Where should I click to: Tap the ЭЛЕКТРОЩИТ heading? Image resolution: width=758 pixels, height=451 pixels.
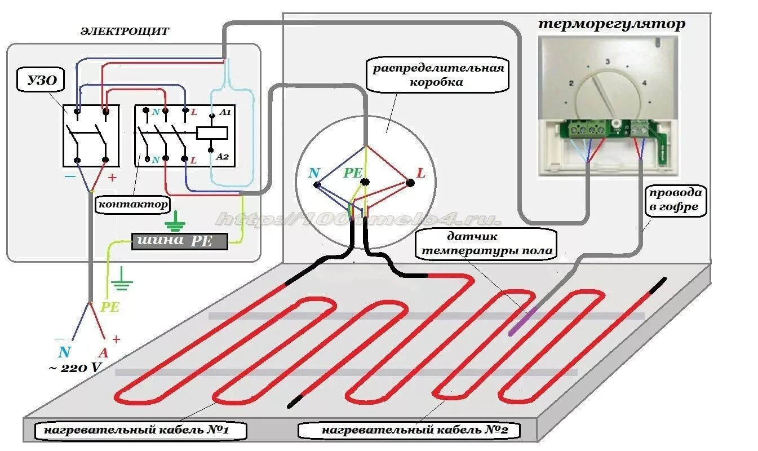[124, 32]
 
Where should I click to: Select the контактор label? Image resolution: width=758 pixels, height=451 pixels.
[133, 204]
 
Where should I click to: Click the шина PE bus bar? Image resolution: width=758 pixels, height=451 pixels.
[180, 241]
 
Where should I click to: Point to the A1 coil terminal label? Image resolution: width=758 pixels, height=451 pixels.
[225, 113]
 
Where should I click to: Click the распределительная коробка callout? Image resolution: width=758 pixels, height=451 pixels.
[437, 75]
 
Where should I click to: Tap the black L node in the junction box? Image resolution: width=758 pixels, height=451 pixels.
[410, 183]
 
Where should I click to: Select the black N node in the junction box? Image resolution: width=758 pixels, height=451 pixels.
[317, 184]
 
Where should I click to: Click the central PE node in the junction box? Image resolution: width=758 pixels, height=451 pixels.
[365, 182]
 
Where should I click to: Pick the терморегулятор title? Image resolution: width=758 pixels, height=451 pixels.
[611, 24]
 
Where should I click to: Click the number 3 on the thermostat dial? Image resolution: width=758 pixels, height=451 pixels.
[608, 61]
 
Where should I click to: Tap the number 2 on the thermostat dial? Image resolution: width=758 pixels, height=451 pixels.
[571, 83]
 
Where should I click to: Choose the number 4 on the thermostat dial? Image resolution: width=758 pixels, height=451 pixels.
[644, 83]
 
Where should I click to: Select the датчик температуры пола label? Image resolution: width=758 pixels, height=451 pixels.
[486, 244]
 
